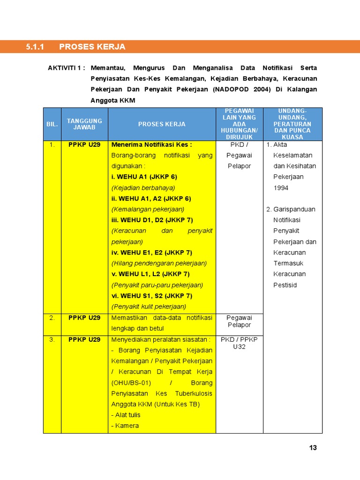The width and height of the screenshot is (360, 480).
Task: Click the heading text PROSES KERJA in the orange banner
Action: (92, 47)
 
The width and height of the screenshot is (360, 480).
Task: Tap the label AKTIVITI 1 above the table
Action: (66, 68)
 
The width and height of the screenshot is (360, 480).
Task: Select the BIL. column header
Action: (52, 124)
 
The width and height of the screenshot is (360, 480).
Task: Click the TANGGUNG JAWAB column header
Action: (84, 124)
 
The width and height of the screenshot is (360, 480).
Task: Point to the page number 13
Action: (313, 448)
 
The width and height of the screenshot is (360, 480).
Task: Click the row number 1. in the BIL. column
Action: (52, 145)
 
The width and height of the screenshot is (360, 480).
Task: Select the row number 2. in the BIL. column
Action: (52, 318)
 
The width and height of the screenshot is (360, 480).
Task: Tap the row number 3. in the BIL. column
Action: (52, 340)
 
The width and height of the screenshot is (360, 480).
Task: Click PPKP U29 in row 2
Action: (84, 318)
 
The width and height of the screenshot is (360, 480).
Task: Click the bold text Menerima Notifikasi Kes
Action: (151, 145)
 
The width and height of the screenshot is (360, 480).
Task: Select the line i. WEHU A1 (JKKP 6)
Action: (144, 177)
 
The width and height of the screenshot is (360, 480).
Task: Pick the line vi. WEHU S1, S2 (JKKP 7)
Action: (151, 296)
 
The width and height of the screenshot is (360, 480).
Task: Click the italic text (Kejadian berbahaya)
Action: (143, 187)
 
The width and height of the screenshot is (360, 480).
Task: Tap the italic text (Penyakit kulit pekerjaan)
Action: (149, 307)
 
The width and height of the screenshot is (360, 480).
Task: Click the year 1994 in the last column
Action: (281, 188)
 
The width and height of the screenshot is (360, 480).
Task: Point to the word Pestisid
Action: (285, 285)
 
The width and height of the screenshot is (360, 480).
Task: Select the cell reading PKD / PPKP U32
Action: (239, 343)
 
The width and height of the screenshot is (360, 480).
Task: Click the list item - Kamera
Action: (125, 426)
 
